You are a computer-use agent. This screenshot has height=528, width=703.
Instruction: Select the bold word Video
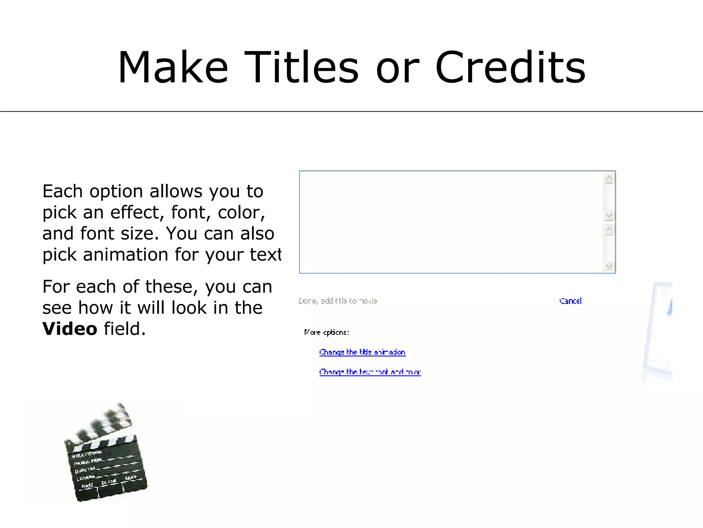(x=70, y=329)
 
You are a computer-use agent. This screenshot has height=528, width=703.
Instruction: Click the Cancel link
(x=570, y=301)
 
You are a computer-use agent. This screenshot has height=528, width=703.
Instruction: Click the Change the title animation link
(x=362, y=352)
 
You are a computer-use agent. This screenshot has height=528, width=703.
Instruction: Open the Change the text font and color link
(x=370, y=372)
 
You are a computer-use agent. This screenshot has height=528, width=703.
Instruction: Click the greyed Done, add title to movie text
(x=337, y=301)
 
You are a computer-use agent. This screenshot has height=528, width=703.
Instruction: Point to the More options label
(x=326, y=332)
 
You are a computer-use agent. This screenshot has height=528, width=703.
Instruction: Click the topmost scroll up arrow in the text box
(x=609, y=178)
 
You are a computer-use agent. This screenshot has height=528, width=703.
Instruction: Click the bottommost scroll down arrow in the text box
(x=609, y=266)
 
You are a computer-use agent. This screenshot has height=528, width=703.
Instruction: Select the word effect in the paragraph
(x=135, y=212)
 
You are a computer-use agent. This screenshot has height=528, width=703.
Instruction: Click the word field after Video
(x=124, y=329)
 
